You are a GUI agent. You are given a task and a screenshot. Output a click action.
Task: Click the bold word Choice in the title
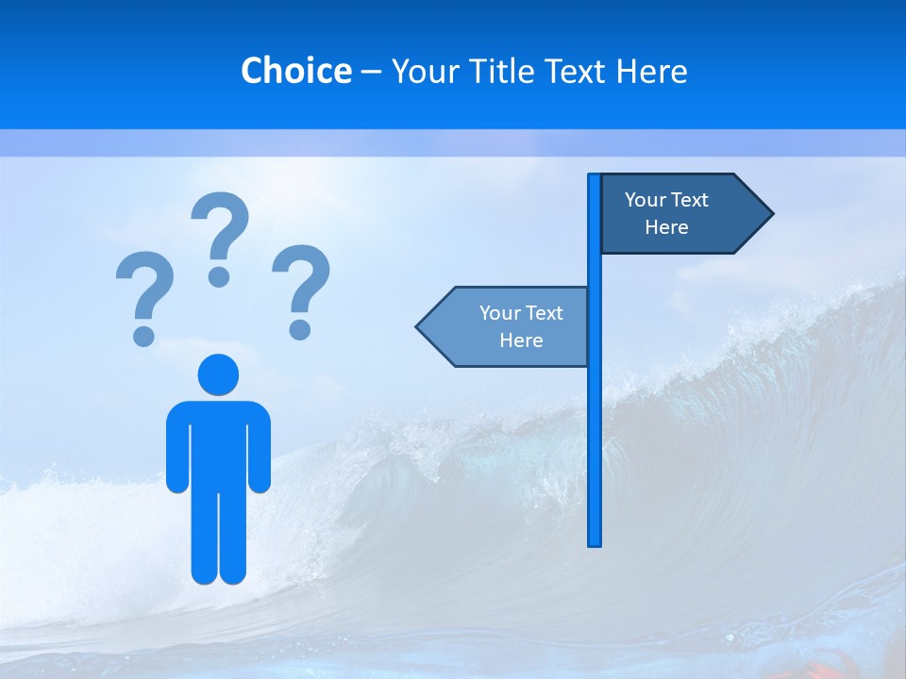click(295, 71)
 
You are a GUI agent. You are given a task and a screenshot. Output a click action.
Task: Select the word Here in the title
click(651, 71)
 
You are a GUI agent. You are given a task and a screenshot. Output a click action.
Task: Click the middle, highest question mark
click(220, 237)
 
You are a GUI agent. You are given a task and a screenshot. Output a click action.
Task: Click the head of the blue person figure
click(218, 374)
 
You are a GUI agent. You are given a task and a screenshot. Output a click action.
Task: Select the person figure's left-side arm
click(176, 448)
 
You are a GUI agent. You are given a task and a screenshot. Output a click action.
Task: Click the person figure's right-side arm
click(260, 448)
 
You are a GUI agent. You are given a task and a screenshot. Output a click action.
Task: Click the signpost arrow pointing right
click(679, 214)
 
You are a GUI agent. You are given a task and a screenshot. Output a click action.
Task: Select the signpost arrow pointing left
click(510, 326)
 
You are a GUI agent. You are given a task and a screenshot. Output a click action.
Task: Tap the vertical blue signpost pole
click(594, 424)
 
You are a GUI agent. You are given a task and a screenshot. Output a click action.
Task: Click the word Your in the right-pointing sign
click(645, 200)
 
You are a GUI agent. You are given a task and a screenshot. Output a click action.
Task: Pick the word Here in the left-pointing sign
click(521, 340)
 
